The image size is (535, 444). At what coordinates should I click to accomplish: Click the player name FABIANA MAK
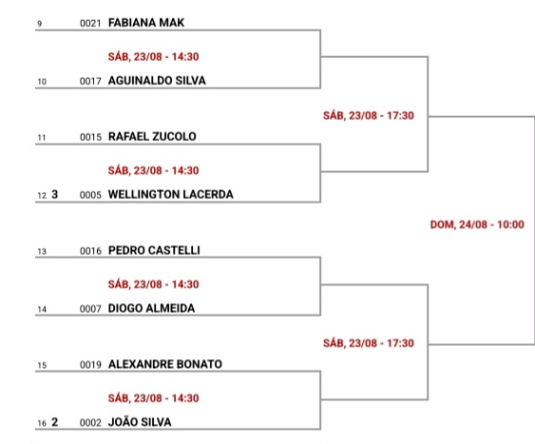[146, 23]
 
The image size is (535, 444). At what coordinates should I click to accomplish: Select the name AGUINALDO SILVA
[157, 81]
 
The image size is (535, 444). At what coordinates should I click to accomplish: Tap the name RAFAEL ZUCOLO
[152, 137]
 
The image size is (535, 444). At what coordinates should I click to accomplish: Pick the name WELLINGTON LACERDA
[171, 195]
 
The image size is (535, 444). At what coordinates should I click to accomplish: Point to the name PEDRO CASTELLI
[154, 250]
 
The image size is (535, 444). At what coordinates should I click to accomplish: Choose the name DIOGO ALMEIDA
[151, 308]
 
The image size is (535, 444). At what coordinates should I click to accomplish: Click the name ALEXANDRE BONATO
[165, 364]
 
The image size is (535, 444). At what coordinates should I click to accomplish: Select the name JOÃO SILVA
[140, 422]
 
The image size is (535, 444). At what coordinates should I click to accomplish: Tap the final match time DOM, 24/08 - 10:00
[477, 224]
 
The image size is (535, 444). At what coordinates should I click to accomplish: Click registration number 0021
[90, 23]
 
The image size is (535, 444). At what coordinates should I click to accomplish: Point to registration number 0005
[90, 195]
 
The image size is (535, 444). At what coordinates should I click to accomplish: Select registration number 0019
[90, 365]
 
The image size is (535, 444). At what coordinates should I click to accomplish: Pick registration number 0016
[90, 251]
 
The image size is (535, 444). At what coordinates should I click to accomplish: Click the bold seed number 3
[54, 194]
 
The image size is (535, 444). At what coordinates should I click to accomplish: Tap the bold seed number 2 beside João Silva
[54, 422]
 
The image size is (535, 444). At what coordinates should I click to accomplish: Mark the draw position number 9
[40, 24]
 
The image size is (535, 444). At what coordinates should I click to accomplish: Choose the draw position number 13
[42, 252]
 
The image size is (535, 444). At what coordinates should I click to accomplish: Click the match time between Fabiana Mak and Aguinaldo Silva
[153, 57]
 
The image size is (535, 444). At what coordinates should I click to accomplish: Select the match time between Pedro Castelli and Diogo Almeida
[153, 284]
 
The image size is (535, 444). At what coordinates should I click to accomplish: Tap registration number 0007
[90, 309]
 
